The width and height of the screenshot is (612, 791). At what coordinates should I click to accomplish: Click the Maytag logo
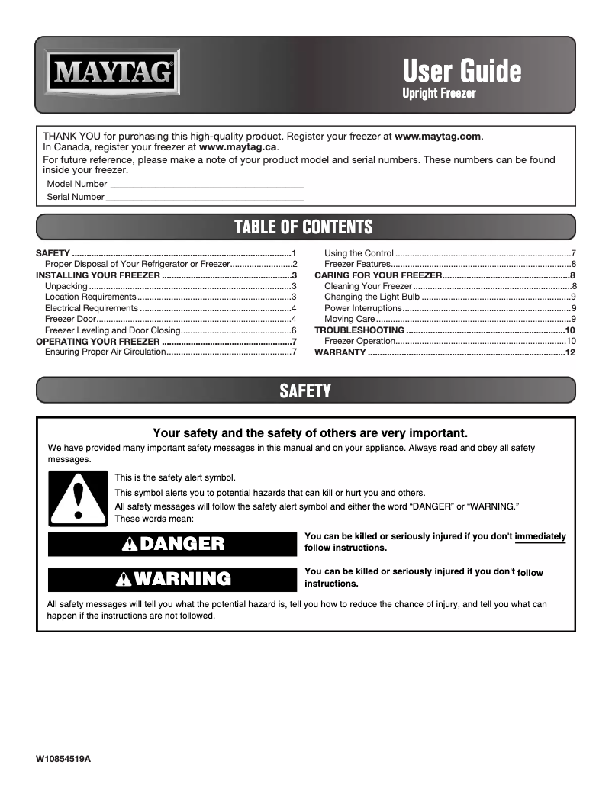(x=113, y=74)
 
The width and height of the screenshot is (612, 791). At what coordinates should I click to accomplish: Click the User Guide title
(x=462, y=72)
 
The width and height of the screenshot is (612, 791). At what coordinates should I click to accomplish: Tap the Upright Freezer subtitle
(x=439, y=94)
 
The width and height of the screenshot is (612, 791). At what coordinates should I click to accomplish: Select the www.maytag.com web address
(x=439, y=136)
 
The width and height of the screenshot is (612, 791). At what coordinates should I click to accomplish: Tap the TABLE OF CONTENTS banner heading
(x=303, y=227)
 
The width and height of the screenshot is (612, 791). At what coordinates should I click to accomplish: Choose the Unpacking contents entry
(x=66, y=286)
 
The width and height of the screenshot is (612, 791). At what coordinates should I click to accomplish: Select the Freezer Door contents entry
(x=70, y=319)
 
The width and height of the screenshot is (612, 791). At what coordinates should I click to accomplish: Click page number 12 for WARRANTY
(x=569, y=352)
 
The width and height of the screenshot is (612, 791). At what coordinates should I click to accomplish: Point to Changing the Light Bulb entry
(x=372, y=297)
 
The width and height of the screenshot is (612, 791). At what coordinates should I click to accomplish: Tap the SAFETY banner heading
(x=304, y=391)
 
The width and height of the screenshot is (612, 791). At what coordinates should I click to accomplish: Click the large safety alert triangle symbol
(x=78, y=499)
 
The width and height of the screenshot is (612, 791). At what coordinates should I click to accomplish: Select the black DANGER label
(x=172, y=544)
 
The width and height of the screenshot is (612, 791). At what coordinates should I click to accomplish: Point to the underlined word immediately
(x=540, y=536)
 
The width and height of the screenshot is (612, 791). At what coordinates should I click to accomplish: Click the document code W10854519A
(x=68, y=760)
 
